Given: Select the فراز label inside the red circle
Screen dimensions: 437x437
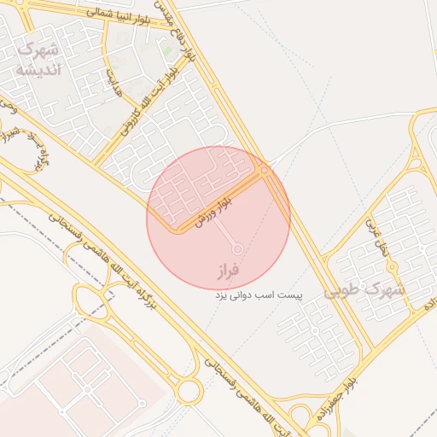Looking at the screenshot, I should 230,271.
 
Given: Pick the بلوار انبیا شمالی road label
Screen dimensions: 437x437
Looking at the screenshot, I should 119,15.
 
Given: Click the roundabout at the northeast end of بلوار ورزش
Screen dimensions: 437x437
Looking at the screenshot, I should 265,172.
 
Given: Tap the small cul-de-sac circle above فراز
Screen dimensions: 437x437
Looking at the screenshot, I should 237,249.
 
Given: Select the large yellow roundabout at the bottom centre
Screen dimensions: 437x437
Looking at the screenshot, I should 188,391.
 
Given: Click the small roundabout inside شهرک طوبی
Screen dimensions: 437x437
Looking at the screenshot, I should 315,329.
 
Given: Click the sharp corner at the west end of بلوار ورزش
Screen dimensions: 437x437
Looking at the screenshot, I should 175,229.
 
